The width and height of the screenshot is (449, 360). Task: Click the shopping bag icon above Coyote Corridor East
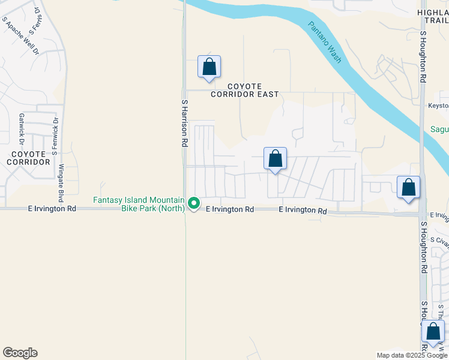pyautogui.click(x=209, y=67)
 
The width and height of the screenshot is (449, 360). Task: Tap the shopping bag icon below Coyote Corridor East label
pyautogui.click(x=275, y=159)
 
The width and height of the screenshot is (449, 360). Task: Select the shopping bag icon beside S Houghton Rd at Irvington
pyautogui.click(x=408, y=187)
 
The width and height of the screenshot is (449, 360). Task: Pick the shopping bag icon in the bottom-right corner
pyautogui.click(x=433, y=332)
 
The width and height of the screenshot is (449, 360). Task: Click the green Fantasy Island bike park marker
pyautogui.click(x=194, y=204)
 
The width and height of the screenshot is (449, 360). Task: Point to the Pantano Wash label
pyautogui.click(x=325, y=42)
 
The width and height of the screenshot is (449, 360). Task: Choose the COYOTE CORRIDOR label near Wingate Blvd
pyautogui.click(x=28, y=158)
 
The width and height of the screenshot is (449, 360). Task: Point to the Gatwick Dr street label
pyautogui.click(x=21, y=129)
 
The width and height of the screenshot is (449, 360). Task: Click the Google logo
pyautogui.click(x=20, y=353)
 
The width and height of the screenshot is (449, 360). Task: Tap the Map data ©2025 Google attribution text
pyautogui.click(x=411, y=355)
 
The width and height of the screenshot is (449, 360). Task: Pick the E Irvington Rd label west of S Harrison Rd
pyautogui.click(x=52, y=209)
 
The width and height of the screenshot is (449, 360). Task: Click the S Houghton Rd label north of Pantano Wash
pyautogui.click(x=423, y=57)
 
